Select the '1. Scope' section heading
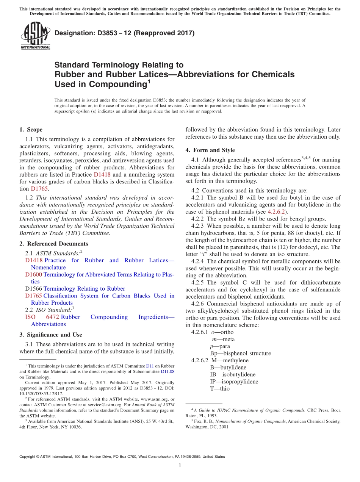31,130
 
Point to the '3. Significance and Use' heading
50,335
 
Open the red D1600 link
34,274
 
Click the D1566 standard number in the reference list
34,289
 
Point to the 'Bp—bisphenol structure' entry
240,353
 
